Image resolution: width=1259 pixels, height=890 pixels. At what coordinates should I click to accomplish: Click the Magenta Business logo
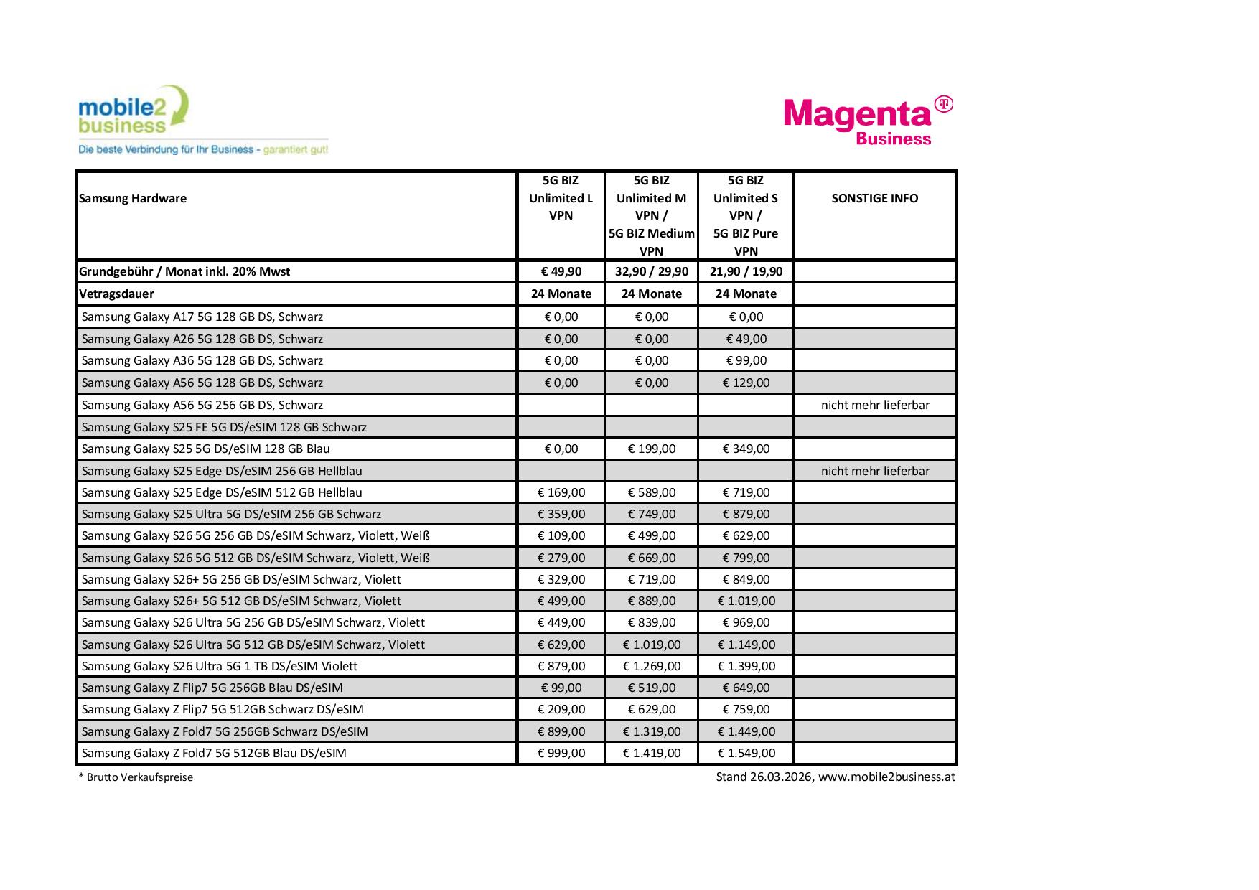(x=868, y=121)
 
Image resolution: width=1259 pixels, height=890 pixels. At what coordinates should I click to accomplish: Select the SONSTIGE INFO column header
(x=874, y=199)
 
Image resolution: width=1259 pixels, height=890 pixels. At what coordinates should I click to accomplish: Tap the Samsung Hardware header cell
(x=133, y=199)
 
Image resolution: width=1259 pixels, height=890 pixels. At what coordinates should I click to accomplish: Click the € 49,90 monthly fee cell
(x=561, y=272)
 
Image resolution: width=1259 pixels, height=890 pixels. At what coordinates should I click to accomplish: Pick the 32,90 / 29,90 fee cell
(x=651, y=272)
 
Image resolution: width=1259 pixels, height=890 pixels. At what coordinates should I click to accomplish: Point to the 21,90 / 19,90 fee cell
(x=746, y=272)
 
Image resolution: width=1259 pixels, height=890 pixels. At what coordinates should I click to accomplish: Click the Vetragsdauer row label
(x=116, y=294)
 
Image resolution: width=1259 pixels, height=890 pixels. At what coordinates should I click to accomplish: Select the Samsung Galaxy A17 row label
(x=202, y=317)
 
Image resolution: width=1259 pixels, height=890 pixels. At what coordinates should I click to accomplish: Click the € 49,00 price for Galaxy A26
(x=746, y=339)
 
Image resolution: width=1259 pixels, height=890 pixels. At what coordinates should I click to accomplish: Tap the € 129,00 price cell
(x=746, y=383)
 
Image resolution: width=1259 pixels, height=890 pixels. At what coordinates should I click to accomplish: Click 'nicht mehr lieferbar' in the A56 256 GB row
(x=875, y=405)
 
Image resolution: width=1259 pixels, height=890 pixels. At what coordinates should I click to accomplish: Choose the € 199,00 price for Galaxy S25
(x=651, y=449)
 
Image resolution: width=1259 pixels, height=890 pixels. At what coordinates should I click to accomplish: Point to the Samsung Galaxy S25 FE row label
(x=224, y=427)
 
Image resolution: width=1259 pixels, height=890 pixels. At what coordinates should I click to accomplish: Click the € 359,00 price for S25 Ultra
(x=561, y=514)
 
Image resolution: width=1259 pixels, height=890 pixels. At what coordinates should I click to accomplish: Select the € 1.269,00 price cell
(x=651, y=666)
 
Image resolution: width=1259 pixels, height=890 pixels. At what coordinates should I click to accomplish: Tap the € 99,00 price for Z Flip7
(x=561, y=688)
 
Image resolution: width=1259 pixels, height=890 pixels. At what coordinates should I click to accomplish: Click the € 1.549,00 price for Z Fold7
(x=746, y=753)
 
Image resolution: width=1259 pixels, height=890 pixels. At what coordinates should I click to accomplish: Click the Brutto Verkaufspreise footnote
(x=136, y=777)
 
